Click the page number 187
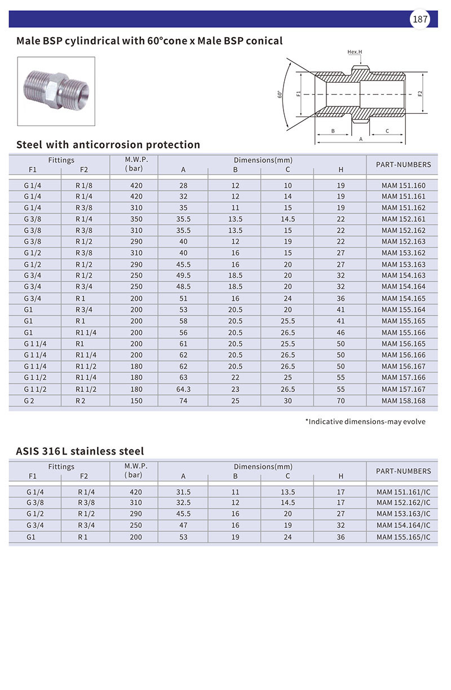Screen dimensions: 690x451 [420, 20]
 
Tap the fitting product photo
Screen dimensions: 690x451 [56, 91]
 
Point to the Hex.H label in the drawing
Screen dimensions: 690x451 [355, 52]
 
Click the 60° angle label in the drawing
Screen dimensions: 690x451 [280, 94]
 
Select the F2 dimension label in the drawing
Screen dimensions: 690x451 [421, 94]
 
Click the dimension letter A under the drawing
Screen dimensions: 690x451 [361, 139]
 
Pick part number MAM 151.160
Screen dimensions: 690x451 [403, 185]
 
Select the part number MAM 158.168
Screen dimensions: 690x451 [403, 400]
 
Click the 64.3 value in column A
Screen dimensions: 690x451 [183, 389]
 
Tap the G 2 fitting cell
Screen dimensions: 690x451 [30, 400]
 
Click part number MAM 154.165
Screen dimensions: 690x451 [403, 298]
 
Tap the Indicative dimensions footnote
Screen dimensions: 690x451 [365, 421]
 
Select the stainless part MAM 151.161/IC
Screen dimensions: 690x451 [403, 492]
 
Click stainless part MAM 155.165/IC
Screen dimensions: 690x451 [403, 537]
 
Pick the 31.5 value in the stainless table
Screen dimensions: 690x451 [183, 492]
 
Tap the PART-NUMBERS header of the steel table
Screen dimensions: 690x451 [403, 164]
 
